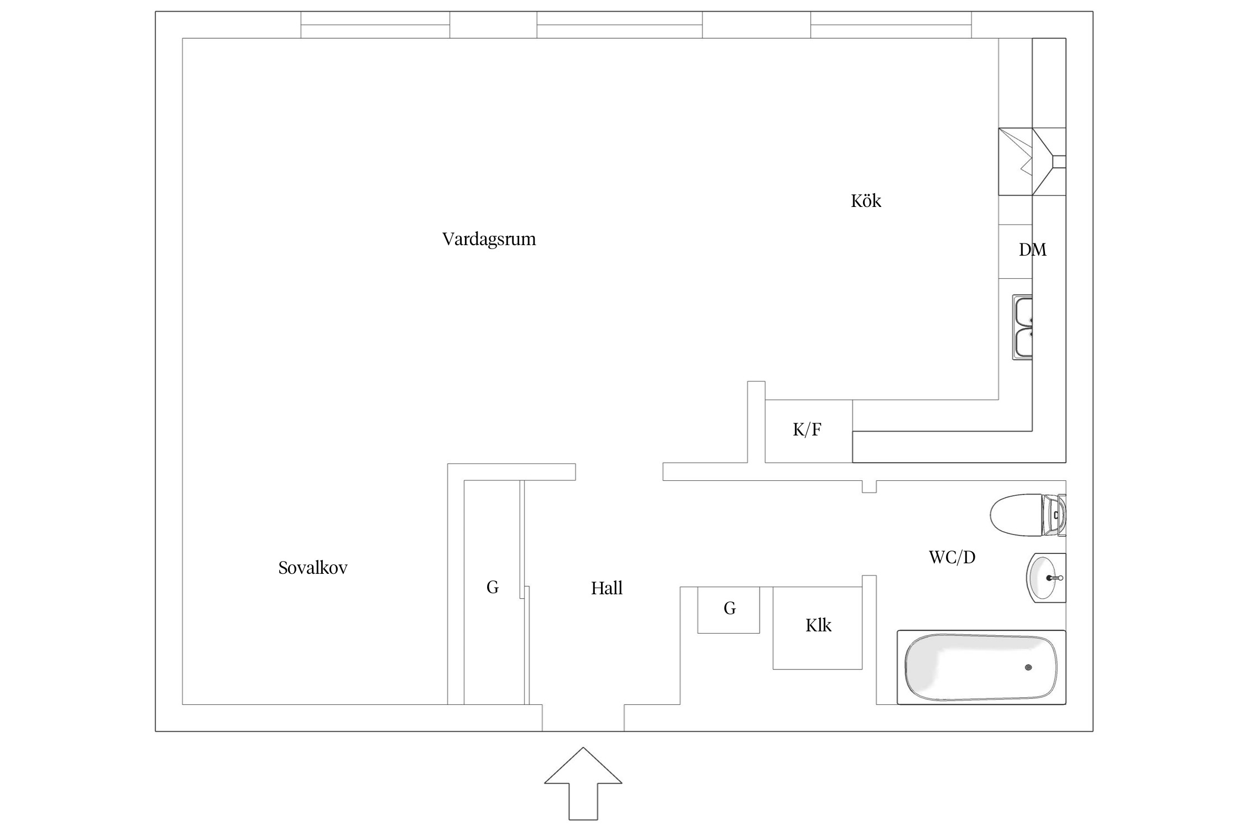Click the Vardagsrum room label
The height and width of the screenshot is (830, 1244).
489,239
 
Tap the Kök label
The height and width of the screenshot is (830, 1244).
866,201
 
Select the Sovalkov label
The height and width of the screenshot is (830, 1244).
313,568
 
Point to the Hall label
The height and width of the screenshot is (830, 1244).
607,588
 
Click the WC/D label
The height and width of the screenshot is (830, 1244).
952,557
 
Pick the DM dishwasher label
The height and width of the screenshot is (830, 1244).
1032,250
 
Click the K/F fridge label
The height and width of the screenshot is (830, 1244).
807,429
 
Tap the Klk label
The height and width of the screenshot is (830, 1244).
818,626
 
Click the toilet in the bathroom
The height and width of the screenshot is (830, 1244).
1026,515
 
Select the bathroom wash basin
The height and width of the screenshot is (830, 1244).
1044,578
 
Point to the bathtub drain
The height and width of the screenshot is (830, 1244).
1028,668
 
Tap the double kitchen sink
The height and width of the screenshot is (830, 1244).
1023,328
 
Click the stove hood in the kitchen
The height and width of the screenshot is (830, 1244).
1032,162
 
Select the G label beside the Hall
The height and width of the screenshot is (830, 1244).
493,587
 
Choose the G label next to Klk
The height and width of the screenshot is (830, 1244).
730,609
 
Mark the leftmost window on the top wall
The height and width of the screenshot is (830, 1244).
375,25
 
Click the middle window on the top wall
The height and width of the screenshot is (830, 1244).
619,25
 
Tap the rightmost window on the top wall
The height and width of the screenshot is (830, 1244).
891,25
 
